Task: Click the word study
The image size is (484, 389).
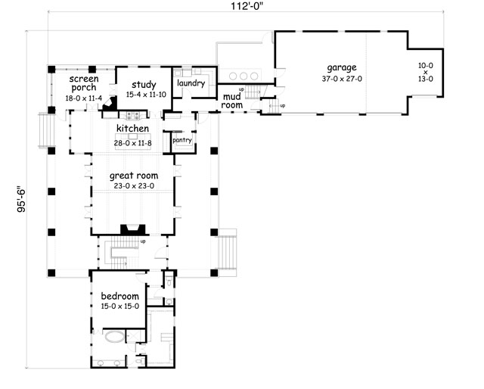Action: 142,84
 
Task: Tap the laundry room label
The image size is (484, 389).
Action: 191,83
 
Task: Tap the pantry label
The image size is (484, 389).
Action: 182,140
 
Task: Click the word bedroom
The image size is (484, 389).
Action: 115,296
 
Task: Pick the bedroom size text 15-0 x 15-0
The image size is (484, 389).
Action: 115,307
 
